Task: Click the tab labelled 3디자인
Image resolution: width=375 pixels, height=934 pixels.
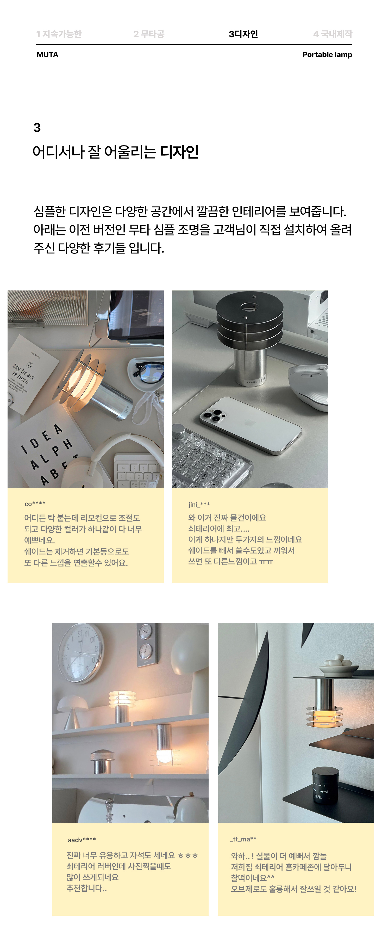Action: point(243,34)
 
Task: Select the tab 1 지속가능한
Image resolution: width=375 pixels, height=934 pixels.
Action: point(59,34)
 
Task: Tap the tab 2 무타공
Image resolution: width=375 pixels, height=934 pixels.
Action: point(149,34)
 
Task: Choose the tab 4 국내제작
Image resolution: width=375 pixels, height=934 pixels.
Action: point(333,34)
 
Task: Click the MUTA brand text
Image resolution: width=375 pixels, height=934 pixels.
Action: point(47,55)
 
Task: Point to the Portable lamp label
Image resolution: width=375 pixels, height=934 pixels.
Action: point(327,55)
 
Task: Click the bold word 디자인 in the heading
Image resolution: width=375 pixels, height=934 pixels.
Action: point(179,151)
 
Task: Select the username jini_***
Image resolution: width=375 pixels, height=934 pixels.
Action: point(199,504)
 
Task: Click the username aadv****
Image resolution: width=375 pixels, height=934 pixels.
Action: point(82,840)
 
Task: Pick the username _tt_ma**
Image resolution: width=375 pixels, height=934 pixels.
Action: point(243,839)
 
